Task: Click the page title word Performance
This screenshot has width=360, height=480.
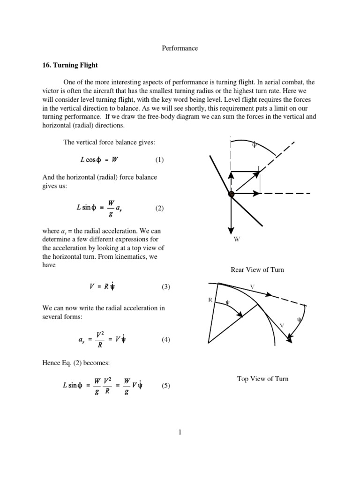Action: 180,48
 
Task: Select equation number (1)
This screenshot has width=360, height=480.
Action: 159,159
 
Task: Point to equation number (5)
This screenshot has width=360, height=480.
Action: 166,386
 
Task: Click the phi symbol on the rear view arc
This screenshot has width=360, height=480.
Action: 254,145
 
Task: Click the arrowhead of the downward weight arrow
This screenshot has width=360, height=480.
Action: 231,230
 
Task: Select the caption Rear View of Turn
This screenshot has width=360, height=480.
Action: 257,270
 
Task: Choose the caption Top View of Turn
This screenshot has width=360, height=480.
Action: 262,379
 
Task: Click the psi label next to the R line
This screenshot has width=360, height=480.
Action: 227,302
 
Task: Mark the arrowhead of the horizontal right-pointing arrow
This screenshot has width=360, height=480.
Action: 257,193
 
